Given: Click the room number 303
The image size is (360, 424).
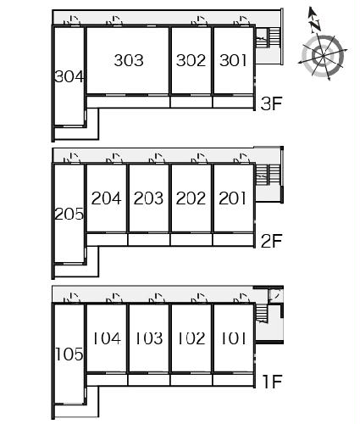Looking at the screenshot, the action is point(129,60).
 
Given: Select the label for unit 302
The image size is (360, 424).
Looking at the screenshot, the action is point(191,60).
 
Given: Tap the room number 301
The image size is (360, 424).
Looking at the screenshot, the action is point(233,60).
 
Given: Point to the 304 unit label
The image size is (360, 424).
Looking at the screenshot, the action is point(69,76).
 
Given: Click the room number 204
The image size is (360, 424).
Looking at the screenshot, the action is point(106,198).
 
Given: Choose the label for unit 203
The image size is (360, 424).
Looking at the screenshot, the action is point(148,198).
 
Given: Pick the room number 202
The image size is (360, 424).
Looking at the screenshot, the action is point(191,198).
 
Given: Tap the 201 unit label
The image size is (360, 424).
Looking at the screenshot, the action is point(233,198).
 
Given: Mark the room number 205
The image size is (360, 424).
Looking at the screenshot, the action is point(69,214).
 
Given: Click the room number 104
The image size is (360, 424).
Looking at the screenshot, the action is point(107,338).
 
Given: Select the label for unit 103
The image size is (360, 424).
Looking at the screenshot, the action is point(149,338).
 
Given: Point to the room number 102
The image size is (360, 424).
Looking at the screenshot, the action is point(191,338).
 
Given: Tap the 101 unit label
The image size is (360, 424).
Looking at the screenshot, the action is point(233,338).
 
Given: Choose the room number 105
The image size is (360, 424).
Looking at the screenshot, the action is point(69,354).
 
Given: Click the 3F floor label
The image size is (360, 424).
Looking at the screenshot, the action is point(271,103).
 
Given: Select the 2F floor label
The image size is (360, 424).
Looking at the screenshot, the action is point(271,241).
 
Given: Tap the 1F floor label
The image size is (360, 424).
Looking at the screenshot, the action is point(272,382).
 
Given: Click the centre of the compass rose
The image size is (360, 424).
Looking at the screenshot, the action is point(323,55).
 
